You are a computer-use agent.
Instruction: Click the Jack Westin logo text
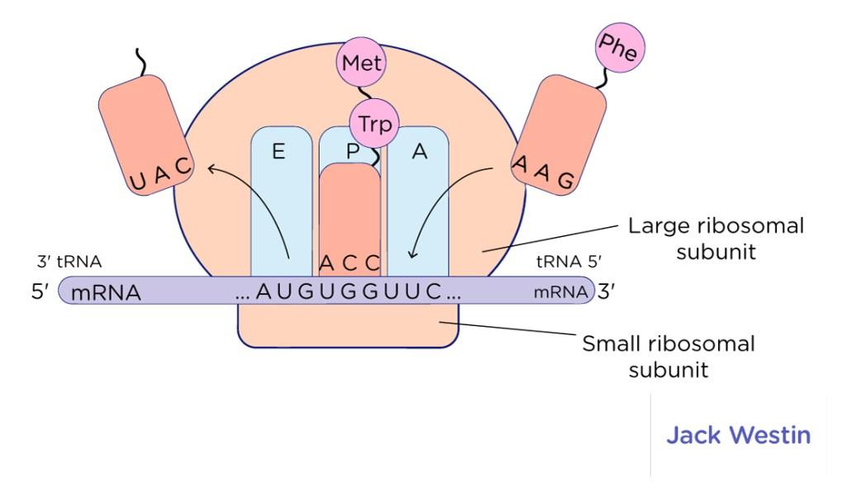739,435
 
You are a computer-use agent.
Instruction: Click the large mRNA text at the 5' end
106,292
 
